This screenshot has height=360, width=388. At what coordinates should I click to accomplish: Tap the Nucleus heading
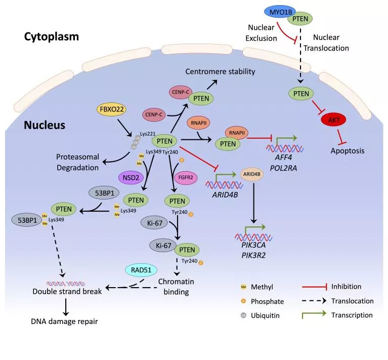(44, 125)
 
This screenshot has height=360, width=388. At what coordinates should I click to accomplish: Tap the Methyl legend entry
(261, 287)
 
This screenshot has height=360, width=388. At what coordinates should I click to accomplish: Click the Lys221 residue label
(148, 134)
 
